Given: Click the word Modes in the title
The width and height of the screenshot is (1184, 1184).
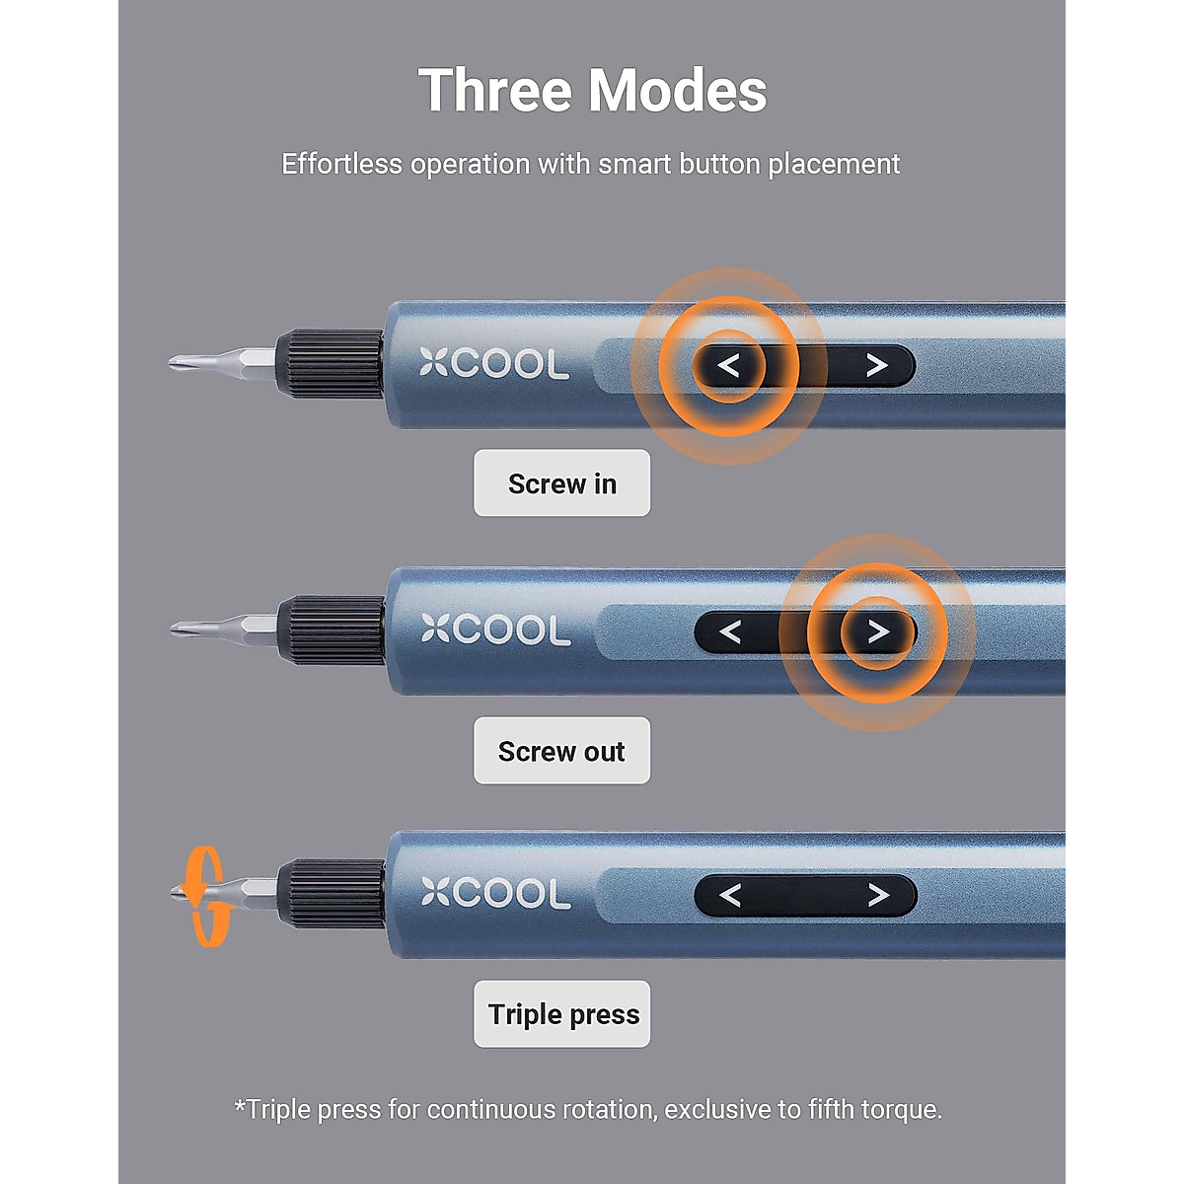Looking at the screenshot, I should point(679,91).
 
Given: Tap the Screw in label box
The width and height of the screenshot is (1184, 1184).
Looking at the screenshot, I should point(561,483).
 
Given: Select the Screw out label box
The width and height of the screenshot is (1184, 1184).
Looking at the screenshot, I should point(561,751).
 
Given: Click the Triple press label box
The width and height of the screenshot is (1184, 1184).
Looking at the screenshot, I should point(562,1014).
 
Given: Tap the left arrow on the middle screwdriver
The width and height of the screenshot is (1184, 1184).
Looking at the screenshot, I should point(730,631).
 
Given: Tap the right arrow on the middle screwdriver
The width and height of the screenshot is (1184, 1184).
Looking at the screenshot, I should point(877,631).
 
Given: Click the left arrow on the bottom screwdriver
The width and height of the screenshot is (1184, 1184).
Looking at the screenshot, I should point(730,895).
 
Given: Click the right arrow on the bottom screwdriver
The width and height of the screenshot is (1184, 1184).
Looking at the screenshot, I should point(877,895).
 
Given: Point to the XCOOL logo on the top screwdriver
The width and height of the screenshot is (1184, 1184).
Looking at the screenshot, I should point(494,364).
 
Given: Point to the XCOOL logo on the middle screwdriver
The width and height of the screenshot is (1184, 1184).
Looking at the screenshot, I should point(495,629).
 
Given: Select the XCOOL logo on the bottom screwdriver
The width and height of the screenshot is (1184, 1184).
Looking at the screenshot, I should point(495,893).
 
